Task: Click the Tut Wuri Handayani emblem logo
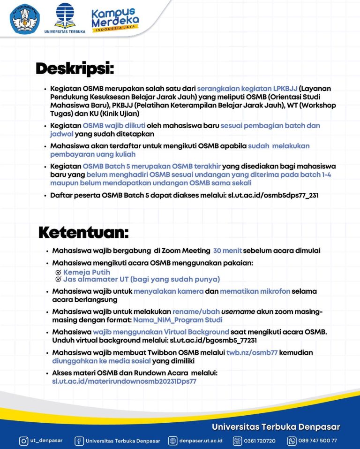[25, 20]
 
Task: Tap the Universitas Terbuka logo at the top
[64, 18]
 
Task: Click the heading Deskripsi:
[75, 68]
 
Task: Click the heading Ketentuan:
[83, 231]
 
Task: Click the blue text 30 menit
[228, 251]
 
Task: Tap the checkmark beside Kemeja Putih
[58, 272]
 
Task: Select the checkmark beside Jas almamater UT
[58, 280]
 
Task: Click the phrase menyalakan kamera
[168, 291]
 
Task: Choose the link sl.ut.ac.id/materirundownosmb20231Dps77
[124, 381]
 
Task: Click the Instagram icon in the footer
[23, 441]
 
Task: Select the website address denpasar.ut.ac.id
[202, 441]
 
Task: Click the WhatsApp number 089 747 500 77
[318, 441]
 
